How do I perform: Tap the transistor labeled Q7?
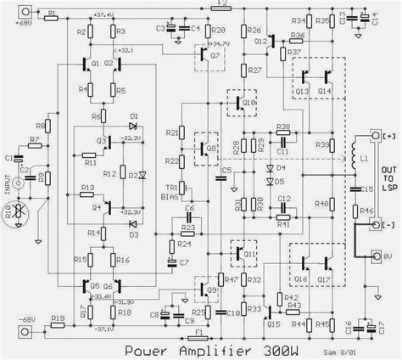[205, 54]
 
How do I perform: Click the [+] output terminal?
[374, 136]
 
